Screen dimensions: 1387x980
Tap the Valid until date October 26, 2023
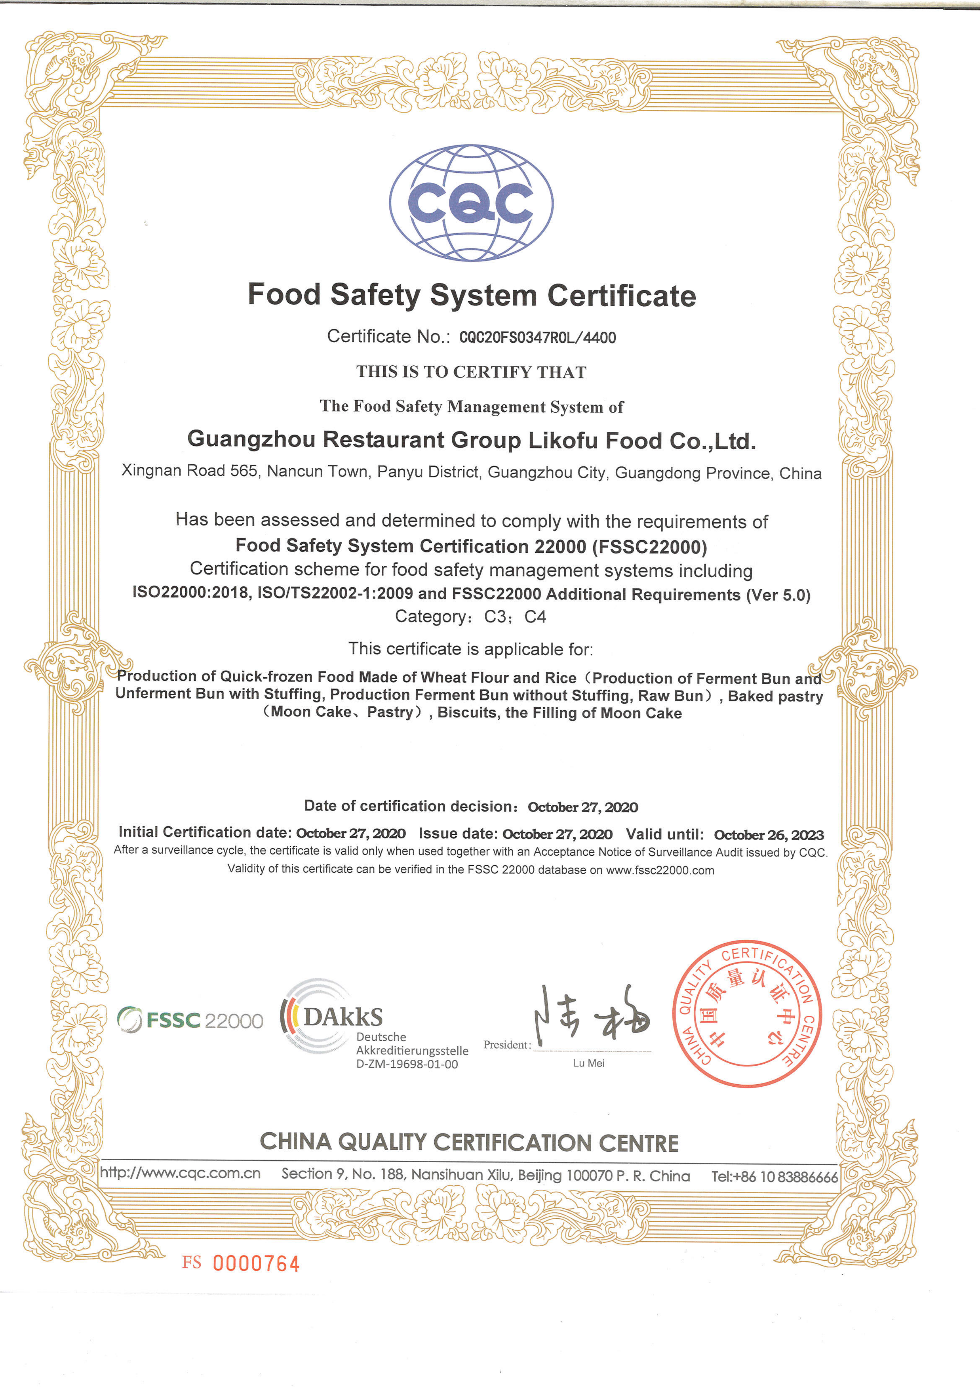[768, 835]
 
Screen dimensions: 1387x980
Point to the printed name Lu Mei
[588, 1063]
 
